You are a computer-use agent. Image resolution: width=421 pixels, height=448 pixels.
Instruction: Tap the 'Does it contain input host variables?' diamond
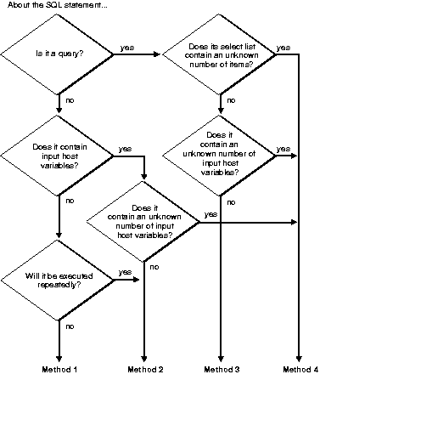tap(59, 155)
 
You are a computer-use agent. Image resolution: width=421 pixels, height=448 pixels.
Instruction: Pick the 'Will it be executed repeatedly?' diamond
tap(59, 280)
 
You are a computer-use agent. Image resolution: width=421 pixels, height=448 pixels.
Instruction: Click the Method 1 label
tap(59, 370)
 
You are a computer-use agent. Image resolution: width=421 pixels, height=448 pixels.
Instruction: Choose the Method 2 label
tap(145, 370)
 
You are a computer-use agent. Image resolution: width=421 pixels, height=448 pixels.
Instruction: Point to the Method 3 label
tap(222, 370)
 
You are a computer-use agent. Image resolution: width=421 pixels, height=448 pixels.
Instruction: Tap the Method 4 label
tap(300, 370)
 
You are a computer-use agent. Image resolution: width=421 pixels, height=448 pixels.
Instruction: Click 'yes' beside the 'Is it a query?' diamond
tap(126, 47)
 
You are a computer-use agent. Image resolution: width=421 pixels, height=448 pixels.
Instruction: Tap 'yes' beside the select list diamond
tap(283, 47)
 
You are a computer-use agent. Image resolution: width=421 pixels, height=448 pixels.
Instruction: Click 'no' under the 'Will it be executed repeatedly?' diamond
tap(70, 326)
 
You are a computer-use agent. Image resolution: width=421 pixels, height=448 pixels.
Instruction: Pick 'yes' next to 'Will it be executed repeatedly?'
tap(125, 272)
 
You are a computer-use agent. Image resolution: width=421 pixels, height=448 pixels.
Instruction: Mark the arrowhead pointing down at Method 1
tap(59, 358)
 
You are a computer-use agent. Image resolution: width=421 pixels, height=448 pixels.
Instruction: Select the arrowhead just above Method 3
tap(222, 358)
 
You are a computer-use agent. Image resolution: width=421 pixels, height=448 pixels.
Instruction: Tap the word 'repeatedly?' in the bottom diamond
tap(59, 285)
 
